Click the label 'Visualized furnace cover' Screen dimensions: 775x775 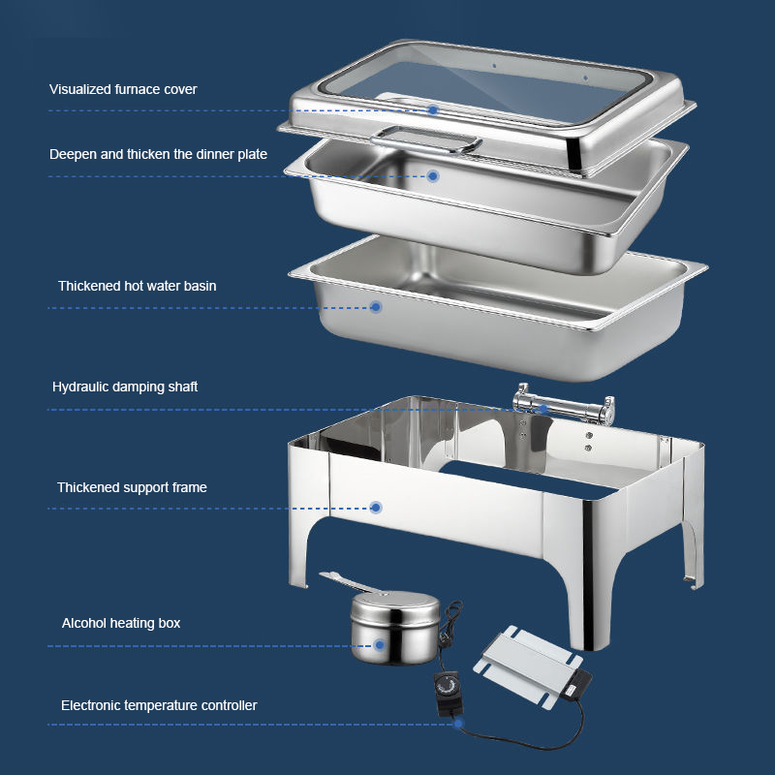123,89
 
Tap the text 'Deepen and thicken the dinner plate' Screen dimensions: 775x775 158,154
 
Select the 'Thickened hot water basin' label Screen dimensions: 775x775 137,286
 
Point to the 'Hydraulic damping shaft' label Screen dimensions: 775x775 125,387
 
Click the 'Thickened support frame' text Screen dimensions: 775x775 132,487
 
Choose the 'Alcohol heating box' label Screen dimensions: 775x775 121,623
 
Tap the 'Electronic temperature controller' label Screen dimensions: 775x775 159,705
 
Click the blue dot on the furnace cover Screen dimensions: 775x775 433,110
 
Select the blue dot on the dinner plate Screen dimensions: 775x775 433,176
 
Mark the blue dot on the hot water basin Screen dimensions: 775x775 376,307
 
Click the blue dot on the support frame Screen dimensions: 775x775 376,508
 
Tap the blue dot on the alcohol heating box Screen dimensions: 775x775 380,645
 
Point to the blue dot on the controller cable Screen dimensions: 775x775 458,724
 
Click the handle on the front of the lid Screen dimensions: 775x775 425,139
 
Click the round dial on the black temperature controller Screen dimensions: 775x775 448,686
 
